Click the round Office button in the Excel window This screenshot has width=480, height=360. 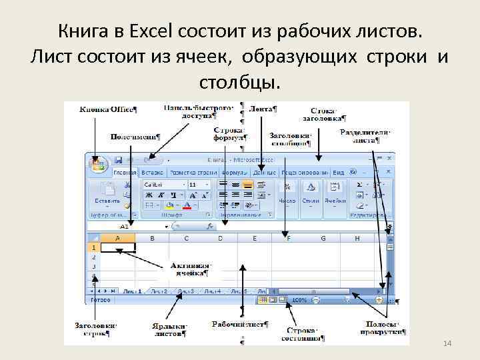99,165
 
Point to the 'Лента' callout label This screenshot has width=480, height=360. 263,109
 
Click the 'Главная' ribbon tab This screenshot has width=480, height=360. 125,172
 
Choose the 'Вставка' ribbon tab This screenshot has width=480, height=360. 152,172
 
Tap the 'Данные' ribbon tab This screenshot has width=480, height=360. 264,172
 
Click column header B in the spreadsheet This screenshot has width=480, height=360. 152,238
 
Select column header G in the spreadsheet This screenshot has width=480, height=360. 323,238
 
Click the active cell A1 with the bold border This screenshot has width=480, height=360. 118,247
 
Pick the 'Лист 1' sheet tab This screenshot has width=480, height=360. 132,291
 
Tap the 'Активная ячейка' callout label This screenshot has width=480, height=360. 190,268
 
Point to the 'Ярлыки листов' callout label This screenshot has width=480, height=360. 169,329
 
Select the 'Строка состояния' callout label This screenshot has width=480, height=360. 303,334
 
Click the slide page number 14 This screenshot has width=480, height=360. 447,342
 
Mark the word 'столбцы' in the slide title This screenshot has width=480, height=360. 240,83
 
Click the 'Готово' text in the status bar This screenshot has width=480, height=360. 101,300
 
